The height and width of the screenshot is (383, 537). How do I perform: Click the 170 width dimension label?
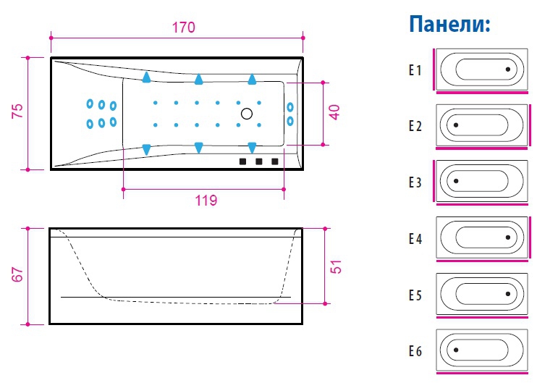(184, 28)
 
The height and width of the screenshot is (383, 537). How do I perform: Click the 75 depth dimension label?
(18, 111)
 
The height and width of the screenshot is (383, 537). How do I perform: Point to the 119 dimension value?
(206, 201)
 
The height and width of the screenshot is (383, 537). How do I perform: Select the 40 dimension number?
(334, 112)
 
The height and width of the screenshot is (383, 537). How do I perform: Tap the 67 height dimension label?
(18, 275)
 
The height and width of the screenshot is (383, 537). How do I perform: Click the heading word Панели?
(449, 25)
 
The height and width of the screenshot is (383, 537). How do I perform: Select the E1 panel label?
(414, 70)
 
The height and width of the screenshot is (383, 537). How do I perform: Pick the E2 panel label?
(414, 126)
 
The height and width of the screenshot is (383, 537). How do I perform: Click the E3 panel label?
(414, 182)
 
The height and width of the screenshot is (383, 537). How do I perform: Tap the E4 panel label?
(414, 238)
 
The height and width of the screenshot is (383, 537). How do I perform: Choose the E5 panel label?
(414, 295)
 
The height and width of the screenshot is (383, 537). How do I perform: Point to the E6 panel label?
(414, 352)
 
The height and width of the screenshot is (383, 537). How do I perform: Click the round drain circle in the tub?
(247, 114)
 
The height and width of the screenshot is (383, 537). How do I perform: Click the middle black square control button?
(258, 161)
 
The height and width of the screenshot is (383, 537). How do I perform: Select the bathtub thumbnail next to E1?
(481, 70)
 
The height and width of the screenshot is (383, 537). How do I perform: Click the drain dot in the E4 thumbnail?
(509, 237)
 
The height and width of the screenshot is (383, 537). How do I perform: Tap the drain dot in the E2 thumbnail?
(455, 125)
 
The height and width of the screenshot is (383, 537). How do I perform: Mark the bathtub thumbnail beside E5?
(481, 294)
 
